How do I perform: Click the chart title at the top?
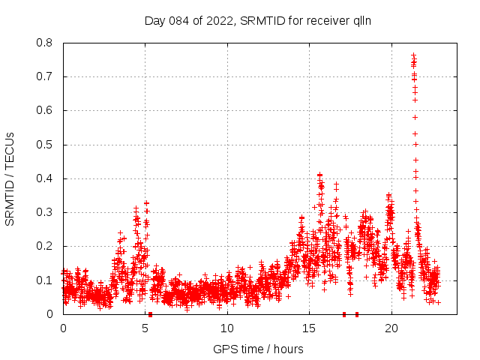tap(258, 20)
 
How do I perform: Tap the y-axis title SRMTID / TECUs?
tap(10, 178)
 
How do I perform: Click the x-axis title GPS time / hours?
tap(258, 349)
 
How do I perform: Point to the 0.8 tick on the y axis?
tap(46, 43)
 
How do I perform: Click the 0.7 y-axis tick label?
tap(46, 76)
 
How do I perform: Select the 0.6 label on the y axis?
tap(46, 110)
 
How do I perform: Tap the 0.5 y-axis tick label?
tap(46, 145)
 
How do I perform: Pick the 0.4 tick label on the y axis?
tap(46, 178)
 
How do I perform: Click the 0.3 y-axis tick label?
tap(46, 212)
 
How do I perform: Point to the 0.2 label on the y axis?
tap(46, 246)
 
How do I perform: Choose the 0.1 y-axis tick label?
tap(46, 280)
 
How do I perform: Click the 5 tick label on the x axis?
tap(145, 328)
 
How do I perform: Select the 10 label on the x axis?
tap(227, 328)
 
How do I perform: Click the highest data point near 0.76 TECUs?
tap(413, 55)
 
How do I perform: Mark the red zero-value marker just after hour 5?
tap(151, 314)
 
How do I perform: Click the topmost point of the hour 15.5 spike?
tap(319, 175)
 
